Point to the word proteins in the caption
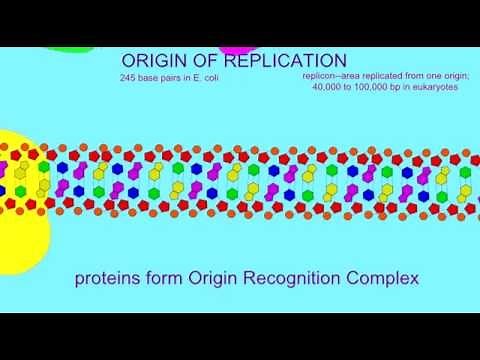(x=105, y=279)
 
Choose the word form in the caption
(x=163, y=278)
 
